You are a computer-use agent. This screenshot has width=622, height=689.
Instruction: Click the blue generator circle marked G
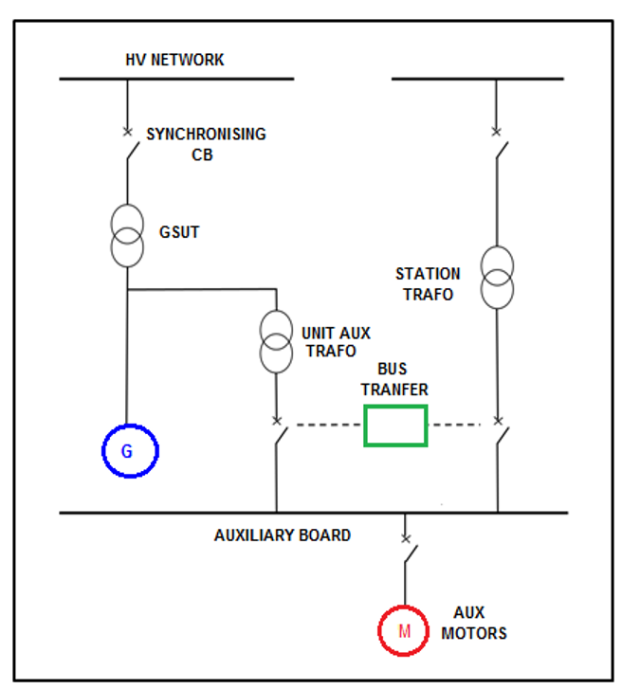click(103, 451)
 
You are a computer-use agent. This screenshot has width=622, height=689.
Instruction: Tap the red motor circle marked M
click(380, 631)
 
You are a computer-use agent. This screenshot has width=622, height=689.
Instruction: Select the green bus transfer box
click(365, 426)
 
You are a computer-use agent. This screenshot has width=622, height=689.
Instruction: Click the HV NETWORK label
click(174, 60)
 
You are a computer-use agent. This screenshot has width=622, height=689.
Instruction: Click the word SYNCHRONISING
click(206, 134)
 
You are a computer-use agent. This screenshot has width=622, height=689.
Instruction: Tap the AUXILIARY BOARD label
click(283, 535)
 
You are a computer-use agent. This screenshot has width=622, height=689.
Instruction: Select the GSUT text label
click(179, 232)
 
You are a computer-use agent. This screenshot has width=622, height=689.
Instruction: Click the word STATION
click(428, 274)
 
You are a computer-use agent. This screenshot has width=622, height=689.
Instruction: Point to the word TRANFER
click(394, 390)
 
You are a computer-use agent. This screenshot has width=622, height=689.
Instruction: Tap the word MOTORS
click(474, 633)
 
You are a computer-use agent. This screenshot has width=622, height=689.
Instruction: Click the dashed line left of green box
click(329, 425)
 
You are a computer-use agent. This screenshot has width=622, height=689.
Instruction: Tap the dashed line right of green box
click(454, 425)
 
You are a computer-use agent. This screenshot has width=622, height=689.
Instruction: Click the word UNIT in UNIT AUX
click(315, 333)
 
